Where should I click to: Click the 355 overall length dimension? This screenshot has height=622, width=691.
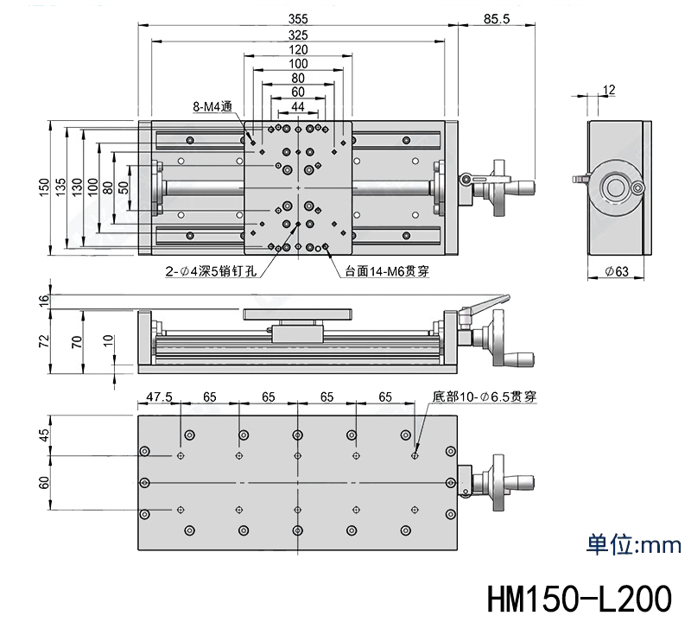pos(298,19)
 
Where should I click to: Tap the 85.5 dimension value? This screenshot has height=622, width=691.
pos(496,19)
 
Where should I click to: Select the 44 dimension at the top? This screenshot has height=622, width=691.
pos(298,106)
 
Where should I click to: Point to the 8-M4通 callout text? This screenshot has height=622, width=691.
pos(212,106)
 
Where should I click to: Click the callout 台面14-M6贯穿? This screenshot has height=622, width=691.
pos(386,271)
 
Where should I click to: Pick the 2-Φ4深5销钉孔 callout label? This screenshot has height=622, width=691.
pos(211,271)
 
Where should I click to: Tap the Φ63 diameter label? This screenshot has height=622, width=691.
pos(617,271)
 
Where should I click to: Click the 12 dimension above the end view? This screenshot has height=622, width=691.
pos(609,90)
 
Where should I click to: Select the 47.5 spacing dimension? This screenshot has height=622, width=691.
pos(159,397)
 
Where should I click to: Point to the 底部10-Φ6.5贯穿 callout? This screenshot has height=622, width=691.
pos(484,397)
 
